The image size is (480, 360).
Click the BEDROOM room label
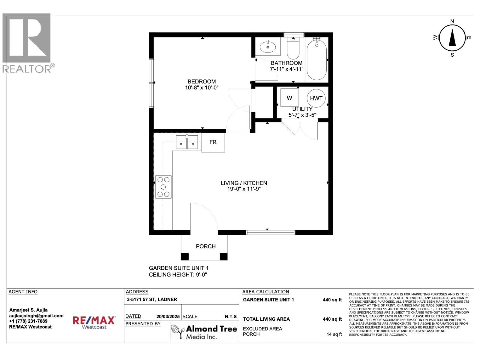coord(202,82)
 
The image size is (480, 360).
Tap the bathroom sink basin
coord(268,47)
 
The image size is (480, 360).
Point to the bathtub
coord(317,60)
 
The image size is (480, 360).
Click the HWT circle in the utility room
coord(316,98)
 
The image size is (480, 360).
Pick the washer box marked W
coord(289,98)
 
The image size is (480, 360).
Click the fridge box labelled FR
coord(213,142)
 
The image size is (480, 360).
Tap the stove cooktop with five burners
coord(163,187)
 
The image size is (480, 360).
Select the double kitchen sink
coord(187,142)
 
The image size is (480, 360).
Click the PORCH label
coord(206,246)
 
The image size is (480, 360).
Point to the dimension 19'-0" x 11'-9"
coord(244,189)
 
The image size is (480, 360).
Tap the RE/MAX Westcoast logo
coord(94,322)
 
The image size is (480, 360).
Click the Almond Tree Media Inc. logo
coord(204,332)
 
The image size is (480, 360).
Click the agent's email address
coord(36,316)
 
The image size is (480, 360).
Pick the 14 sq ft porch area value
coord(334,334)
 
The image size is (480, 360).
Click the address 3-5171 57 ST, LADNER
coord(152,299)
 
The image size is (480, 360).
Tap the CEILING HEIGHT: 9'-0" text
coord(178,275)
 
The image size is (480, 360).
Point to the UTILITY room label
coord(302,109)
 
